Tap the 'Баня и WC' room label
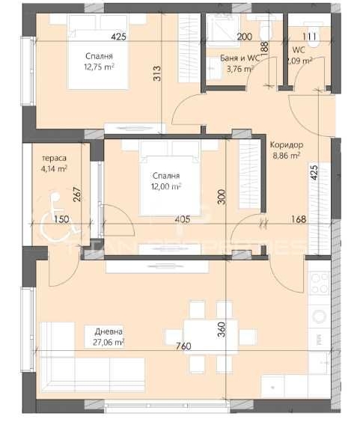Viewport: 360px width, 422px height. click(240, 57)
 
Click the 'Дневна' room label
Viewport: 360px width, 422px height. click(109, 332)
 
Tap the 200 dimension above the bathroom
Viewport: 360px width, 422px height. click(245, 36)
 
